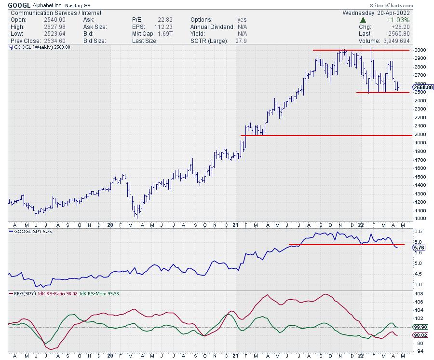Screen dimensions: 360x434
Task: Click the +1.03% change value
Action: coord(412,19)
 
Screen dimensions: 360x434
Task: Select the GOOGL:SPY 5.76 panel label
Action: coord(29,231)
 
